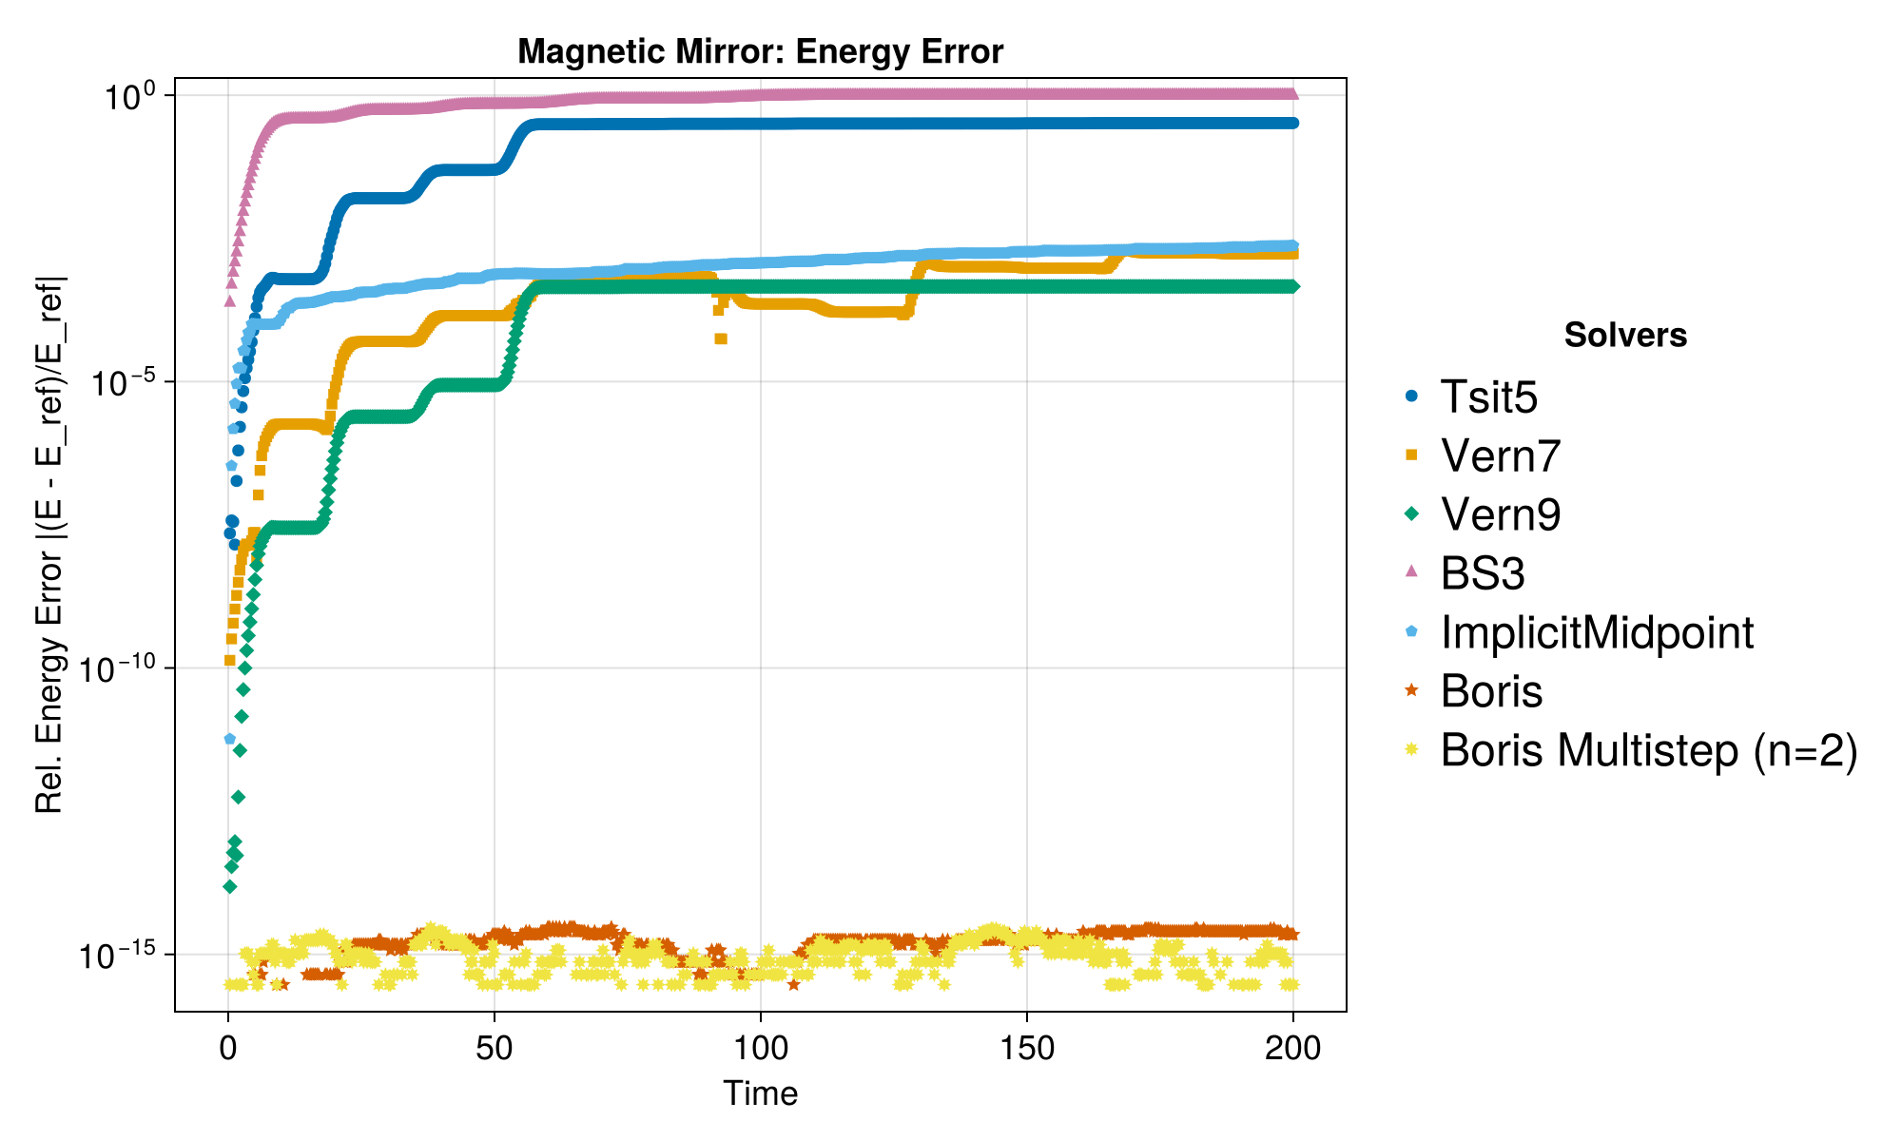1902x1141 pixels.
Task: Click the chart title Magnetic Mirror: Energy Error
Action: pyautogui.click(x=760, y=51)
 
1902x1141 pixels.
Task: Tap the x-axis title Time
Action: pyautogui.click(x=760, y=1093)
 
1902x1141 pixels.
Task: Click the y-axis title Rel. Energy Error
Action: pyautogui.click(x=49, y=544)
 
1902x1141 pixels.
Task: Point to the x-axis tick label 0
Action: pyautogui.click(x=228, y=1048)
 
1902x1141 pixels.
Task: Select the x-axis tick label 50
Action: pyautogui.click(x=495, y=1048)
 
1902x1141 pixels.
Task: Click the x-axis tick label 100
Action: pyautogui.click(x=761, y=1048)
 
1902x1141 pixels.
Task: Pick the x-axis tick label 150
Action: pyautogui.click(x=1027, y=1048)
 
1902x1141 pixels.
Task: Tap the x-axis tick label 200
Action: pyautogui.click(x=1293, y=1048)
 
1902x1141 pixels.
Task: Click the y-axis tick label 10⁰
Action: pyautogui.click(x=129, y=96)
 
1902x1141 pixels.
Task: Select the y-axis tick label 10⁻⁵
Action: pyautogui.click(x=122, y=382)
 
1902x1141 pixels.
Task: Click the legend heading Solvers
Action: pyautogui.click(x=1625, y=336)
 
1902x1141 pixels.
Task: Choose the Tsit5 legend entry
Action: pyautogui.click(x=1488, y=397)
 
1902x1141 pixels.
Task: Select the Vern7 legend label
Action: pyautogui.click(x=1501, y=456)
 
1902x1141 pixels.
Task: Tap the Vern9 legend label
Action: pyautogui.click(x=1501, y=515)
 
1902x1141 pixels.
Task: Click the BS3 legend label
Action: pyautogui.click(x=1483, y=574)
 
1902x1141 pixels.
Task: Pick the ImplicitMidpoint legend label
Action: pyautogui.click(x=1597, y=633)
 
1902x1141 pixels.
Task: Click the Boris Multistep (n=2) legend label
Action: pyautogui.click(x=1648, y=751)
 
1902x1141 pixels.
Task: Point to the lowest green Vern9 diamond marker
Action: pyautogui.click(x=229, y=887)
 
